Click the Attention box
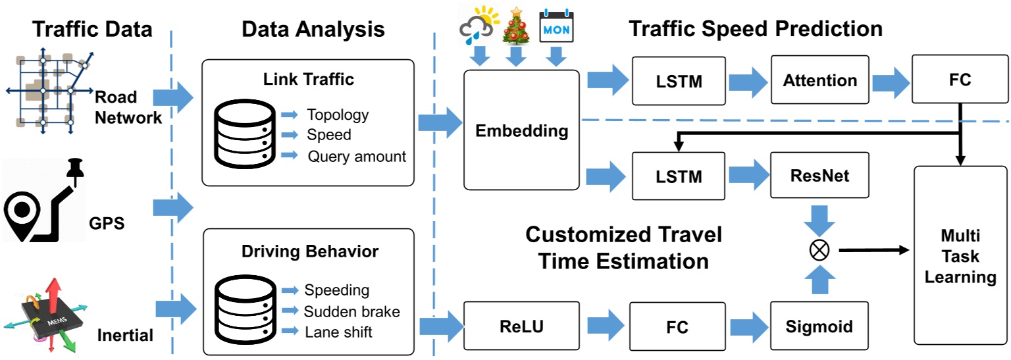pyautogui.click(x=819, y=80)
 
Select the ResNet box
pyautogui.click(x=819, y=175)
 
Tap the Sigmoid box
pyautogui.click(x=819, y=326)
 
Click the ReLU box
pyautogui.click(x=521, y=326)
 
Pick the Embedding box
pyautogui.click(x=521, y=130)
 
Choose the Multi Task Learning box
pyautogui.click(x=960, y=255)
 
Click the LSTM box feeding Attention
pyautogui.click(x=679, y=81)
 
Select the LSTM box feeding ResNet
pyautogui.click(x=679, y=176)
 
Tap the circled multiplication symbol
pyautogui.click(x=819, y=250)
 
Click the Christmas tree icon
pyautogui.click(x=516, y=26)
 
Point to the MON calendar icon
pyautogui.click(x=556, y=26)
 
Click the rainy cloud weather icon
pyautogui.click(x=479, y=25)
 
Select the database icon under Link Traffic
pyautogui.click(x=245, y=134)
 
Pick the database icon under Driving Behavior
pyautogui.click(x=245, y=309)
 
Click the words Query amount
pyautogui.click(x=357, y=157)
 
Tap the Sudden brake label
pyautogui.click(x=352, y=311)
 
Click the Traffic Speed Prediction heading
pyautogui.click(x=756, y=29)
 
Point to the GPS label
pyautogui.click(x=107, y=223)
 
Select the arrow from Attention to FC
pyautogui.click(x=891, y=82)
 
